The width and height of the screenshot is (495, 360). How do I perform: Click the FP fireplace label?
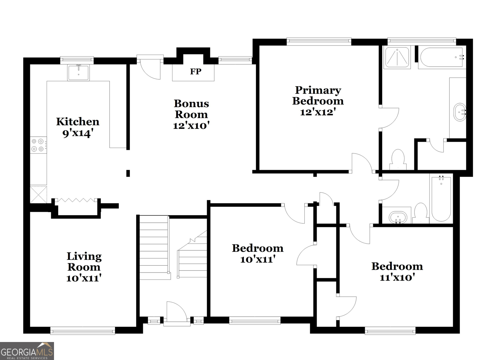click(x=195, y=71)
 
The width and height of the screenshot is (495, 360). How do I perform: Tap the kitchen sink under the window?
click(x=78, y=72)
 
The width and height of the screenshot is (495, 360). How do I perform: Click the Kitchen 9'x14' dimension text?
click(x=78, y=133)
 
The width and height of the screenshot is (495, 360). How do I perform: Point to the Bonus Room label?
click(x=191, y=109)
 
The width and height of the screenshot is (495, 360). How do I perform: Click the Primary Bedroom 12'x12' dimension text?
click(x=318, y=112)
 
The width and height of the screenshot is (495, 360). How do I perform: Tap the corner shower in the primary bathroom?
click(x=397, y=57)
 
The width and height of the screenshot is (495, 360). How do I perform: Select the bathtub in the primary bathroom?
click(x=441, y=57)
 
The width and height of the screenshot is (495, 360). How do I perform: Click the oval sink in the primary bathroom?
click(x=460, y=112)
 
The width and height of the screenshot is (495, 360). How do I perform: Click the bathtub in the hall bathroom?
click(x=441, y=198)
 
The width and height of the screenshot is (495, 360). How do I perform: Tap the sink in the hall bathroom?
click(x=398, y=217)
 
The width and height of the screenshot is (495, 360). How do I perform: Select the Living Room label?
click(x=84, y=261)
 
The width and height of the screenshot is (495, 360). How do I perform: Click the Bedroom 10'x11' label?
click(x=257, y=253)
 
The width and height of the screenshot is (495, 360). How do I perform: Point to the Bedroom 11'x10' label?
click(x=397, y=271)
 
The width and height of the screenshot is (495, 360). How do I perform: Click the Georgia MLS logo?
click(x=27, y=351)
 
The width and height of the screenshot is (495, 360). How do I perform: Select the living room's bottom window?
click(x=82, y=330)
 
